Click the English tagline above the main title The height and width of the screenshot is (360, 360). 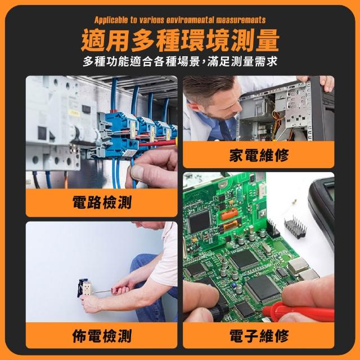tap(180, 20)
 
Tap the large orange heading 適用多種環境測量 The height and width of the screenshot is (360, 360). tap(180, 40)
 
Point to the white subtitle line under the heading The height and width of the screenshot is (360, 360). tap(180, 61)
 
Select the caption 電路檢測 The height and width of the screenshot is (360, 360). tap(102, 202)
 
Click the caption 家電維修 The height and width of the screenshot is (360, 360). tap(259, 155)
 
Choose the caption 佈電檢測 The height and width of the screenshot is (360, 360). tap(102, 335)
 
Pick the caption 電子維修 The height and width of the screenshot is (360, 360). tap(259, 335)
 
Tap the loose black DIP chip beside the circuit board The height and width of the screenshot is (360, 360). tap(295, 227)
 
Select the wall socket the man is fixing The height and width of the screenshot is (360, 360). tap(85, 287)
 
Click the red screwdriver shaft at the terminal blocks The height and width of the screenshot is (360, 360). tap(157, 143)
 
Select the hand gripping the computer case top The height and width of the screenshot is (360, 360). tap(327, 82)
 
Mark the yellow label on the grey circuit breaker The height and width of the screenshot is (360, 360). tap(74, 113)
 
